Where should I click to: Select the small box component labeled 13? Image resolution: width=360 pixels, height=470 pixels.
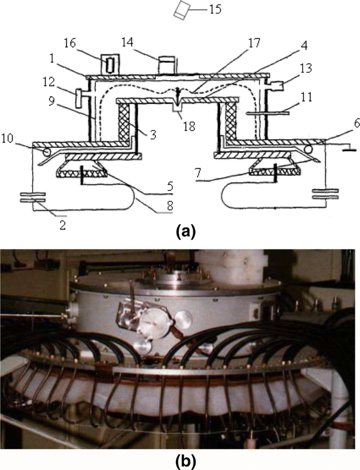(x=277, y=84)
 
